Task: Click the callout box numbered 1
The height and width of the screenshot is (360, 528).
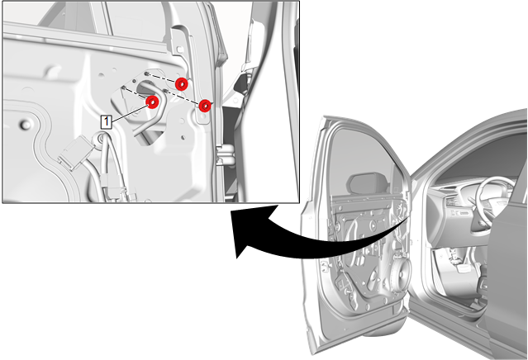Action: (x=106, y=121)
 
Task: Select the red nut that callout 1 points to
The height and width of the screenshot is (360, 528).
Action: (x=152, y=102)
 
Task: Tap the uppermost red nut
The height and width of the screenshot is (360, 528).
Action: (x=182, y=84)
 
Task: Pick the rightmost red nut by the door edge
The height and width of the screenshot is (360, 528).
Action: (x=205, y=106)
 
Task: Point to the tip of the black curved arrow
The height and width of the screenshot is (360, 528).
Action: (x=237, y=258)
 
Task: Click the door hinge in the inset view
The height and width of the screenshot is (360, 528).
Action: (x=226, y=155)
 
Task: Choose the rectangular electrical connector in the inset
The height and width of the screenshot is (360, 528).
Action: (x=75, y=152)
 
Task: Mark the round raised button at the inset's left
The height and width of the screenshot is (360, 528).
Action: (x=26, y=125)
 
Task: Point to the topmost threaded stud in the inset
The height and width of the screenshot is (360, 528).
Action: (x=147, y=73)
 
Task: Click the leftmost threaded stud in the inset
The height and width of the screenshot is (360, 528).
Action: (x=124, y=88)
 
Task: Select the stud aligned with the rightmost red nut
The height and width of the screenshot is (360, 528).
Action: (x=165, y=90)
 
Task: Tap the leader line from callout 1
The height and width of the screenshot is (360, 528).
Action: (x=129, y=114)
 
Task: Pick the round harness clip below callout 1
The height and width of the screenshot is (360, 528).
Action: (x=99, y=139)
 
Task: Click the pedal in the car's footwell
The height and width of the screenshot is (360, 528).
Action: (x=464, y=268)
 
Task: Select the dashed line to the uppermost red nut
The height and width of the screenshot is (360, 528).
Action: (x=164, y=78)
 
